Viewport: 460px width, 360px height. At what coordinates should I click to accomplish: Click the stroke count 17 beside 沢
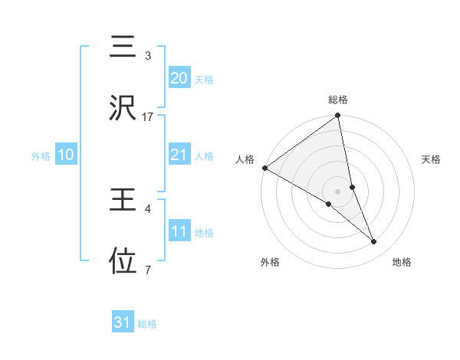[148, 117]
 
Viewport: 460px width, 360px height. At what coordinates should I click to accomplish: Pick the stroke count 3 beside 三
[148, 56]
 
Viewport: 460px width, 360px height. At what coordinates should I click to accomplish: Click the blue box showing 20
[179, 78]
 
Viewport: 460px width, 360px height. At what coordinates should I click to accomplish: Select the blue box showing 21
[179, 155]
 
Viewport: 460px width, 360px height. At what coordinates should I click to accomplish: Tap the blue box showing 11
[179, 231]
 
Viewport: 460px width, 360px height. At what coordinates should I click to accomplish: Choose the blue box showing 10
[65, 155]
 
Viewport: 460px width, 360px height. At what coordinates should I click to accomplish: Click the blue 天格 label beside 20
[204, 79]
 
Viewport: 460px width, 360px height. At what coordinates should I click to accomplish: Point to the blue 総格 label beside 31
[147, 324]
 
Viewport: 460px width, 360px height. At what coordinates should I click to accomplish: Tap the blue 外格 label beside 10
[41, 155]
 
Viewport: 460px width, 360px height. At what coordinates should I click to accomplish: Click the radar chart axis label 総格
[338, 100]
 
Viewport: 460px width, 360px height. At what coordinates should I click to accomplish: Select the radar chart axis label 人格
[245, 159]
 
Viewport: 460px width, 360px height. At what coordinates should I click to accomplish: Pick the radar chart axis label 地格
[402, 262]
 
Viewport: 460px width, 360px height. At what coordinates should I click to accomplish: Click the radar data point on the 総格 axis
[338, 116]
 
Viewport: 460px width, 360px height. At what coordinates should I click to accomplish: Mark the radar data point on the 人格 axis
[264, 168]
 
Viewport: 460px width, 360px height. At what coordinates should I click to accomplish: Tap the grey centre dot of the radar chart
[338, 191]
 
